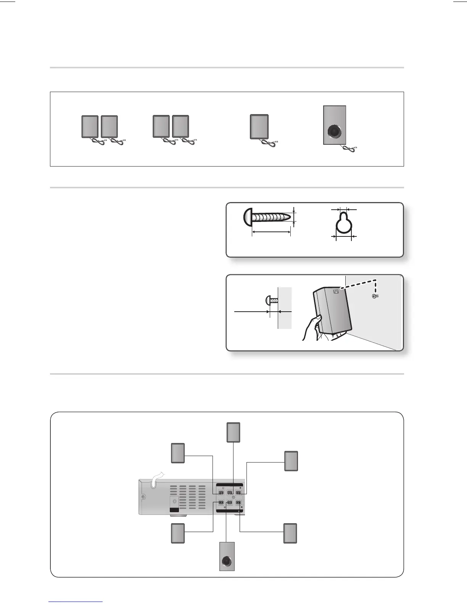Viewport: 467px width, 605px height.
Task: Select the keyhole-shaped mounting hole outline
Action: (343, 225)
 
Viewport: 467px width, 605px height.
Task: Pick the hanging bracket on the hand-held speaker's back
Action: (336, 292)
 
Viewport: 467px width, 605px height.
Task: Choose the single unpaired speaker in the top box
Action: (259, 126)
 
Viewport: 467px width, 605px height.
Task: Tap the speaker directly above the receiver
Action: (233, 432)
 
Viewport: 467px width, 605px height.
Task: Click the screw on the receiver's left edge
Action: (143, 497)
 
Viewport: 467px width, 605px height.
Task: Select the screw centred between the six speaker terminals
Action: (233, 497)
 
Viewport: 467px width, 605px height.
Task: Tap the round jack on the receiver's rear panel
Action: (175, 501)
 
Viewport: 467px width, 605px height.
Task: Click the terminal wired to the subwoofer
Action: (230, 503)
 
